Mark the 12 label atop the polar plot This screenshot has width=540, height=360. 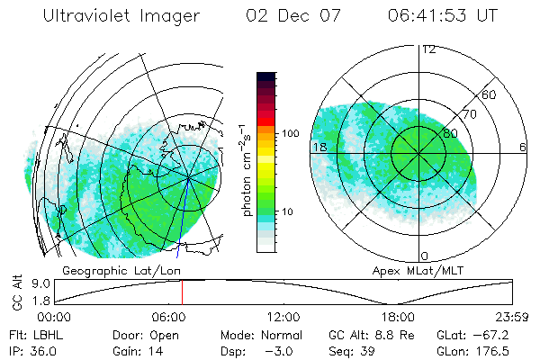[428, 49]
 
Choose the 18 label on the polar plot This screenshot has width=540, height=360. [319, 148]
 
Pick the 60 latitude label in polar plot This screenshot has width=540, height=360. [490, 94]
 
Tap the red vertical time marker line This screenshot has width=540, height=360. [182, 292]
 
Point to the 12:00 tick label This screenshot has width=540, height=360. [283, 317]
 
